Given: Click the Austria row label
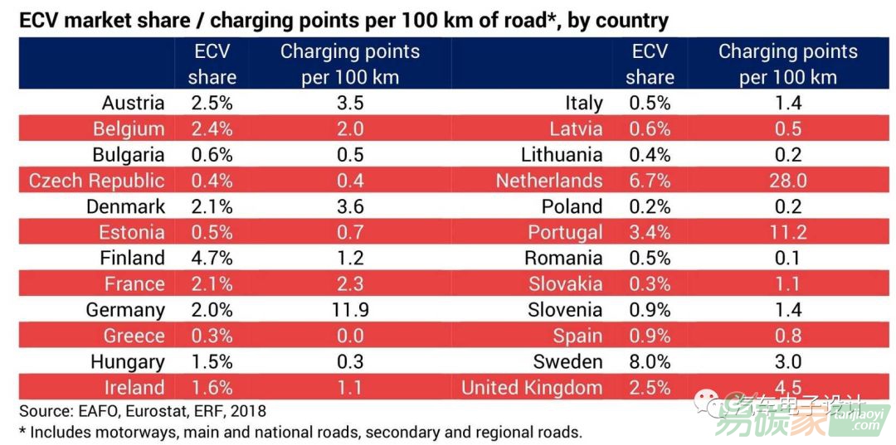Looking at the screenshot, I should coord(133,104).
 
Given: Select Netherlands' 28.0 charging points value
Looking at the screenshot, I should coord(787,181).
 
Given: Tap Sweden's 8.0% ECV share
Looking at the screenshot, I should coord(649,361).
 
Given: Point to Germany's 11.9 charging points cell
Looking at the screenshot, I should coord(349,310).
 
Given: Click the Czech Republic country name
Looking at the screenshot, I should coord(97,181).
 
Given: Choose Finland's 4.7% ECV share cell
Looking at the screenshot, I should coord(212,258).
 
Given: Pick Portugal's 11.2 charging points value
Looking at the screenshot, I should coord(787,232).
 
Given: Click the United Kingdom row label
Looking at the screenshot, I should coord(532,387).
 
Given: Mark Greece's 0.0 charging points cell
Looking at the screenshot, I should coord(349,336).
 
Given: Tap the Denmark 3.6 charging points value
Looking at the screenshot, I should coord(349,206).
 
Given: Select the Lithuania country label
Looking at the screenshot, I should coord(562,155).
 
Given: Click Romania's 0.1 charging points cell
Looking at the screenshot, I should coord(787,258).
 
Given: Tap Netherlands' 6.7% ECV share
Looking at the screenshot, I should coord(649,181).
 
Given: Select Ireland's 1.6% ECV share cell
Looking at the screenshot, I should coord(212,387).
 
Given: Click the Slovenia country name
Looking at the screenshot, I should coord(565,310).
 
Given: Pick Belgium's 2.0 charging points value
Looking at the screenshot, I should coord(349,129).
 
